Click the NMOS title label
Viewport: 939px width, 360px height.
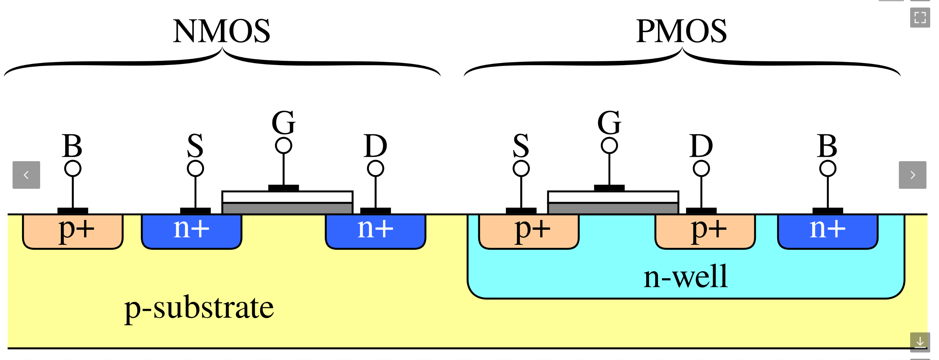(x=221, y=31)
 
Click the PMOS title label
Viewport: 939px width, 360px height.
(x=681, y=31)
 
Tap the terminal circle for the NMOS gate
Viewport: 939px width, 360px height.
(x=284, y=146)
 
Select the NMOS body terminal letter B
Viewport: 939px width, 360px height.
(x=72, y=146)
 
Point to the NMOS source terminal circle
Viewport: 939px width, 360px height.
(x=195, y=168)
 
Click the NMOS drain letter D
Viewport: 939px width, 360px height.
(x=375, y=146)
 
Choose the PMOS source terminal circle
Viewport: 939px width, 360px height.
(x=521, y=168)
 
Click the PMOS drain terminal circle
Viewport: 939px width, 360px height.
(x=701, y=168)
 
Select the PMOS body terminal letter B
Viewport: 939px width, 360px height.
(x=827, y=146)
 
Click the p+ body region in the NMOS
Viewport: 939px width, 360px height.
(x=73, y=231)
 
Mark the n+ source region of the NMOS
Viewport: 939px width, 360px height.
(x=192, y=231)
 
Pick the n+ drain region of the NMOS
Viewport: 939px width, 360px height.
(x=375, y=231)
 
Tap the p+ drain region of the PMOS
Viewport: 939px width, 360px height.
(x=705, y=231)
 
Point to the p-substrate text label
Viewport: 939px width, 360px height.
(x=199, y=309)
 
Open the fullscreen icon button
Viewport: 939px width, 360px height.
(x=920, y=18)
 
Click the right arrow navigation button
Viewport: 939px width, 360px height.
(x=912, y=175)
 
